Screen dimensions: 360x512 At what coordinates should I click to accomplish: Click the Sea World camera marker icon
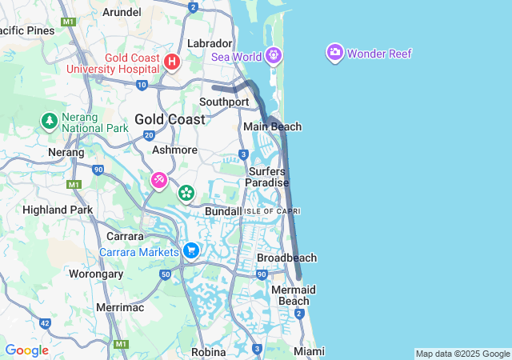pyautogui.click(x=274, y=55)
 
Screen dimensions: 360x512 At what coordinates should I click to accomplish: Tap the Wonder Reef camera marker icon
pyautogui.click(x=335, y=54)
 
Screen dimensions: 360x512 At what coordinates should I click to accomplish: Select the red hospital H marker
pyautogui.click(x=171, y=62)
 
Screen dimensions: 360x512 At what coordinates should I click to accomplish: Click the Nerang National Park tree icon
pyautogui.click(x=49, y=121)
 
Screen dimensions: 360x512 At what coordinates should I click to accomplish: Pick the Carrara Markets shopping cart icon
pyautogui.click(x=190, y=251)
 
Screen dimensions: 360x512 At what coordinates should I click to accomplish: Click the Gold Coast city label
pyautogui.click(x=169, y=118)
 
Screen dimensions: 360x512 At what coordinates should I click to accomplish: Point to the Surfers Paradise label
pyautogui.click(x=267, y=177)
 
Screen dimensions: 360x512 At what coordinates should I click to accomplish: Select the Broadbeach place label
pyautogui.click(x=286, y=258)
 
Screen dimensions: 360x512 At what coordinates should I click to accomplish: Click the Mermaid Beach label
pyautogui.click(x=293, y=294)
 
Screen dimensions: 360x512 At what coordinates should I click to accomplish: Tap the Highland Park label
pyautogui.click(x=58, y=210)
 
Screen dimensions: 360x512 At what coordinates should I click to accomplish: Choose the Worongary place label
pyautogui.click(x=96, y=274)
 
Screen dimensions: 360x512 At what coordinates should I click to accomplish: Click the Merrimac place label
pyautogui.click(x=119, y=307)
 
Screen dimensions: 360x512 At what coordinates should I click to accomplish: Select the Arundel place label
pyautogui.click(x=122, y=12)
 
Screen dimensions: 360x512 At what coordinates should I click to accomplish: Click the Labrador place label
pyautogui.click(x=209, y=42)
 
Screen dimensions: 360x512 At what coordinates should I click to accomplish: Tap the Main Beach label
pyautogui.click(x=272, y=126)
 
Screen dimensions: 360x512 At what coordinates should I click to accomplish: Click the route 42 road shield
pyautogui.click(x=44, y=323)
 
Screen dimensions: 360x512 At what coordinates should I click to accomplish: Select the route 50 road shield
pyautogui.click(x=166, y=274)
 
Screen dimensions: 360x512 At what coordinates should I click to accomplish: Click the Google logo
pyautogui.click(x=26, y=350)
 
